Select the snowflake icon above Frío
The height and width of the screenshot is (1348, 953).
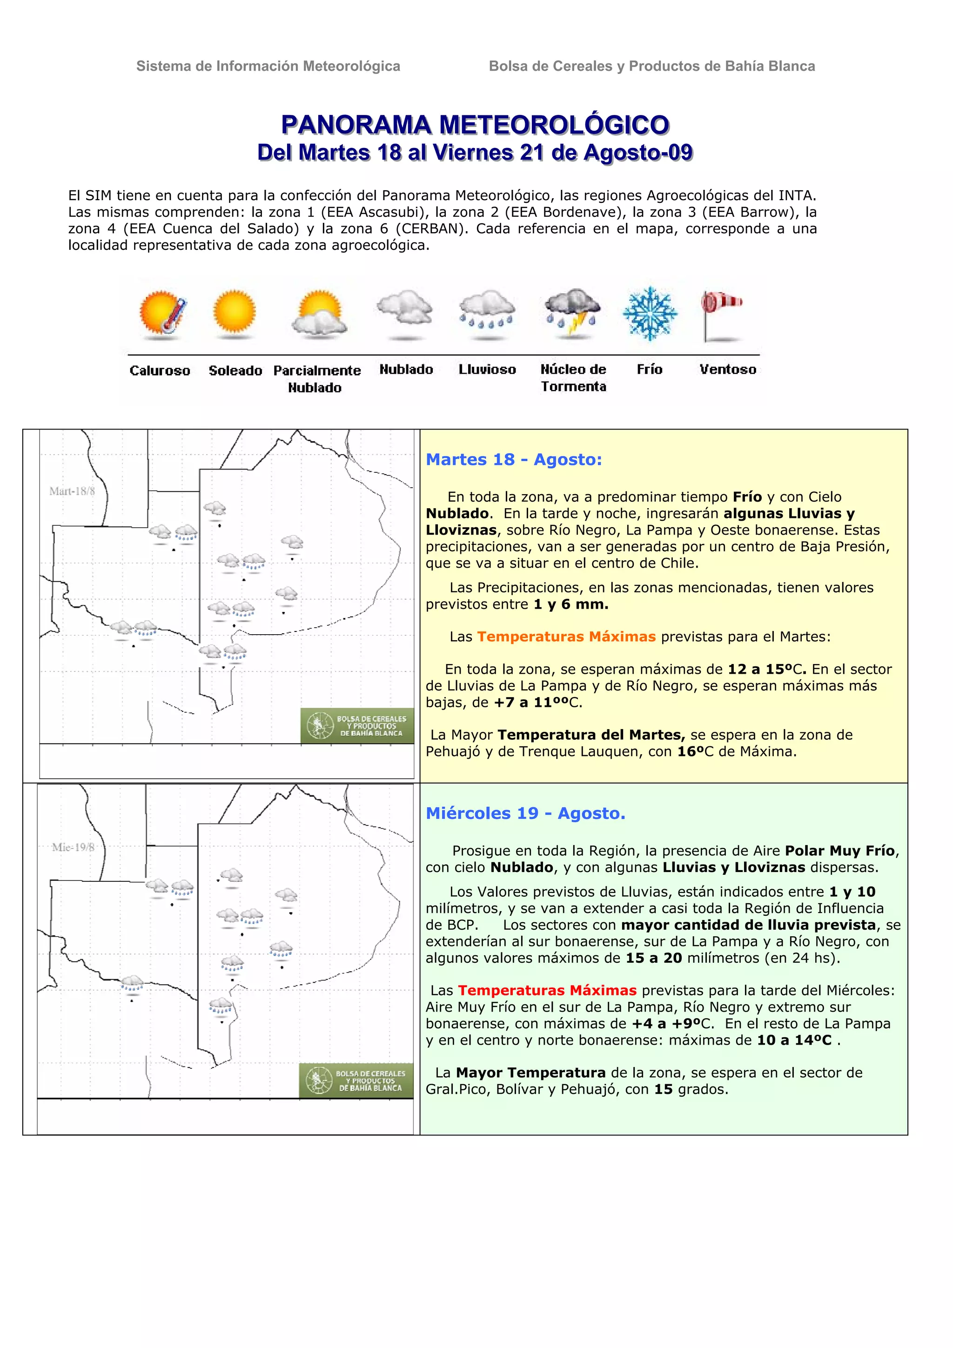(650, 314)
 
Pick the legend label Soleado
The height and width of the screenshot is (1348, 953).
(235, 370)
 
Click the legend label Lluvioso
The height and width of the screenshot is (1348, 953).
(487, 369)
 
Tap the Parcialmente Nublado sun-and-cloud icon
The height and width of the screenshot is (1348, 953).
(319, 314)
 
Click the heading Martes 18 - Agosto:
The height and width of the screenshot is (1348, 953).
(514, 459)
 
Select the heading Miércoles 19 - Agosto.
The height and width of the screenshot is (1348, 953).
(525, 813)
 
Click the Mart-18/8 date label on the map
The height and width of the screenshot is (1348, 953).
(72, 491)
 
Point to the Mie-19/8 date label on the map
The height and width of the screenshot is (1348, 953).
(73, 847)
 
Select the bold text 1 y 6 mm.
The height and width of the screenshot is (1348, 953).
(571, 604)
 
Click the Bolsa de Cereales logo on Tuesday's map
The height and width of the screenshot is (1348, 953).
(357, 726)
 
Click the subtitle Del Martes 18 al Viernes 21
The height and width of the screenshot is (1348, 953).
(475, 153)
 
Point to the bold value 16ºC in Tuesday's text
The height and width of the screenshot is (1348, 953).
(695, 751)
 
